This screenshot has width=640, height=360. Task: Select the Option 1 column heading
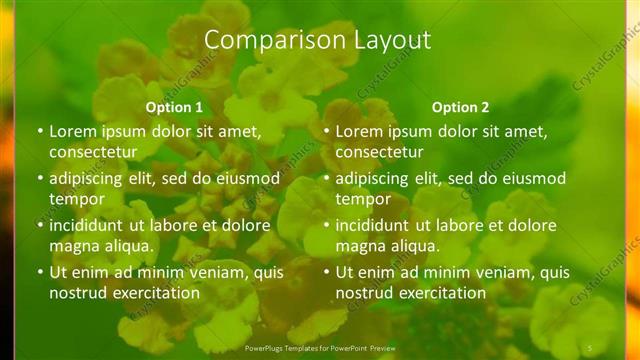coord(174,107)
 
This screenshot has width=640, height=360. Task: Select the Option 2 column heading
coord(461,107)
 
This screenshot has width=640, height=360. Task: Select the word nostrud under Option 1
coord(76,293)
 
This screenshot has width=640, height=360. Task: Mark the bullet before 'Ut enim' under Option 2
coord(326,272)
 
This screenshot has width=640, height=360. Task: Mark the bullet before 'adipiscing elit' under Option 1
coord(40,179)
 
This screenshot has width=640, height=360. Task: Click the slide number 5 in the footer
coord(590,346)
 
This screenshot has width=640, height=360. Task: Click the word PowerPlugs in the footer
coord(264,346)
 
